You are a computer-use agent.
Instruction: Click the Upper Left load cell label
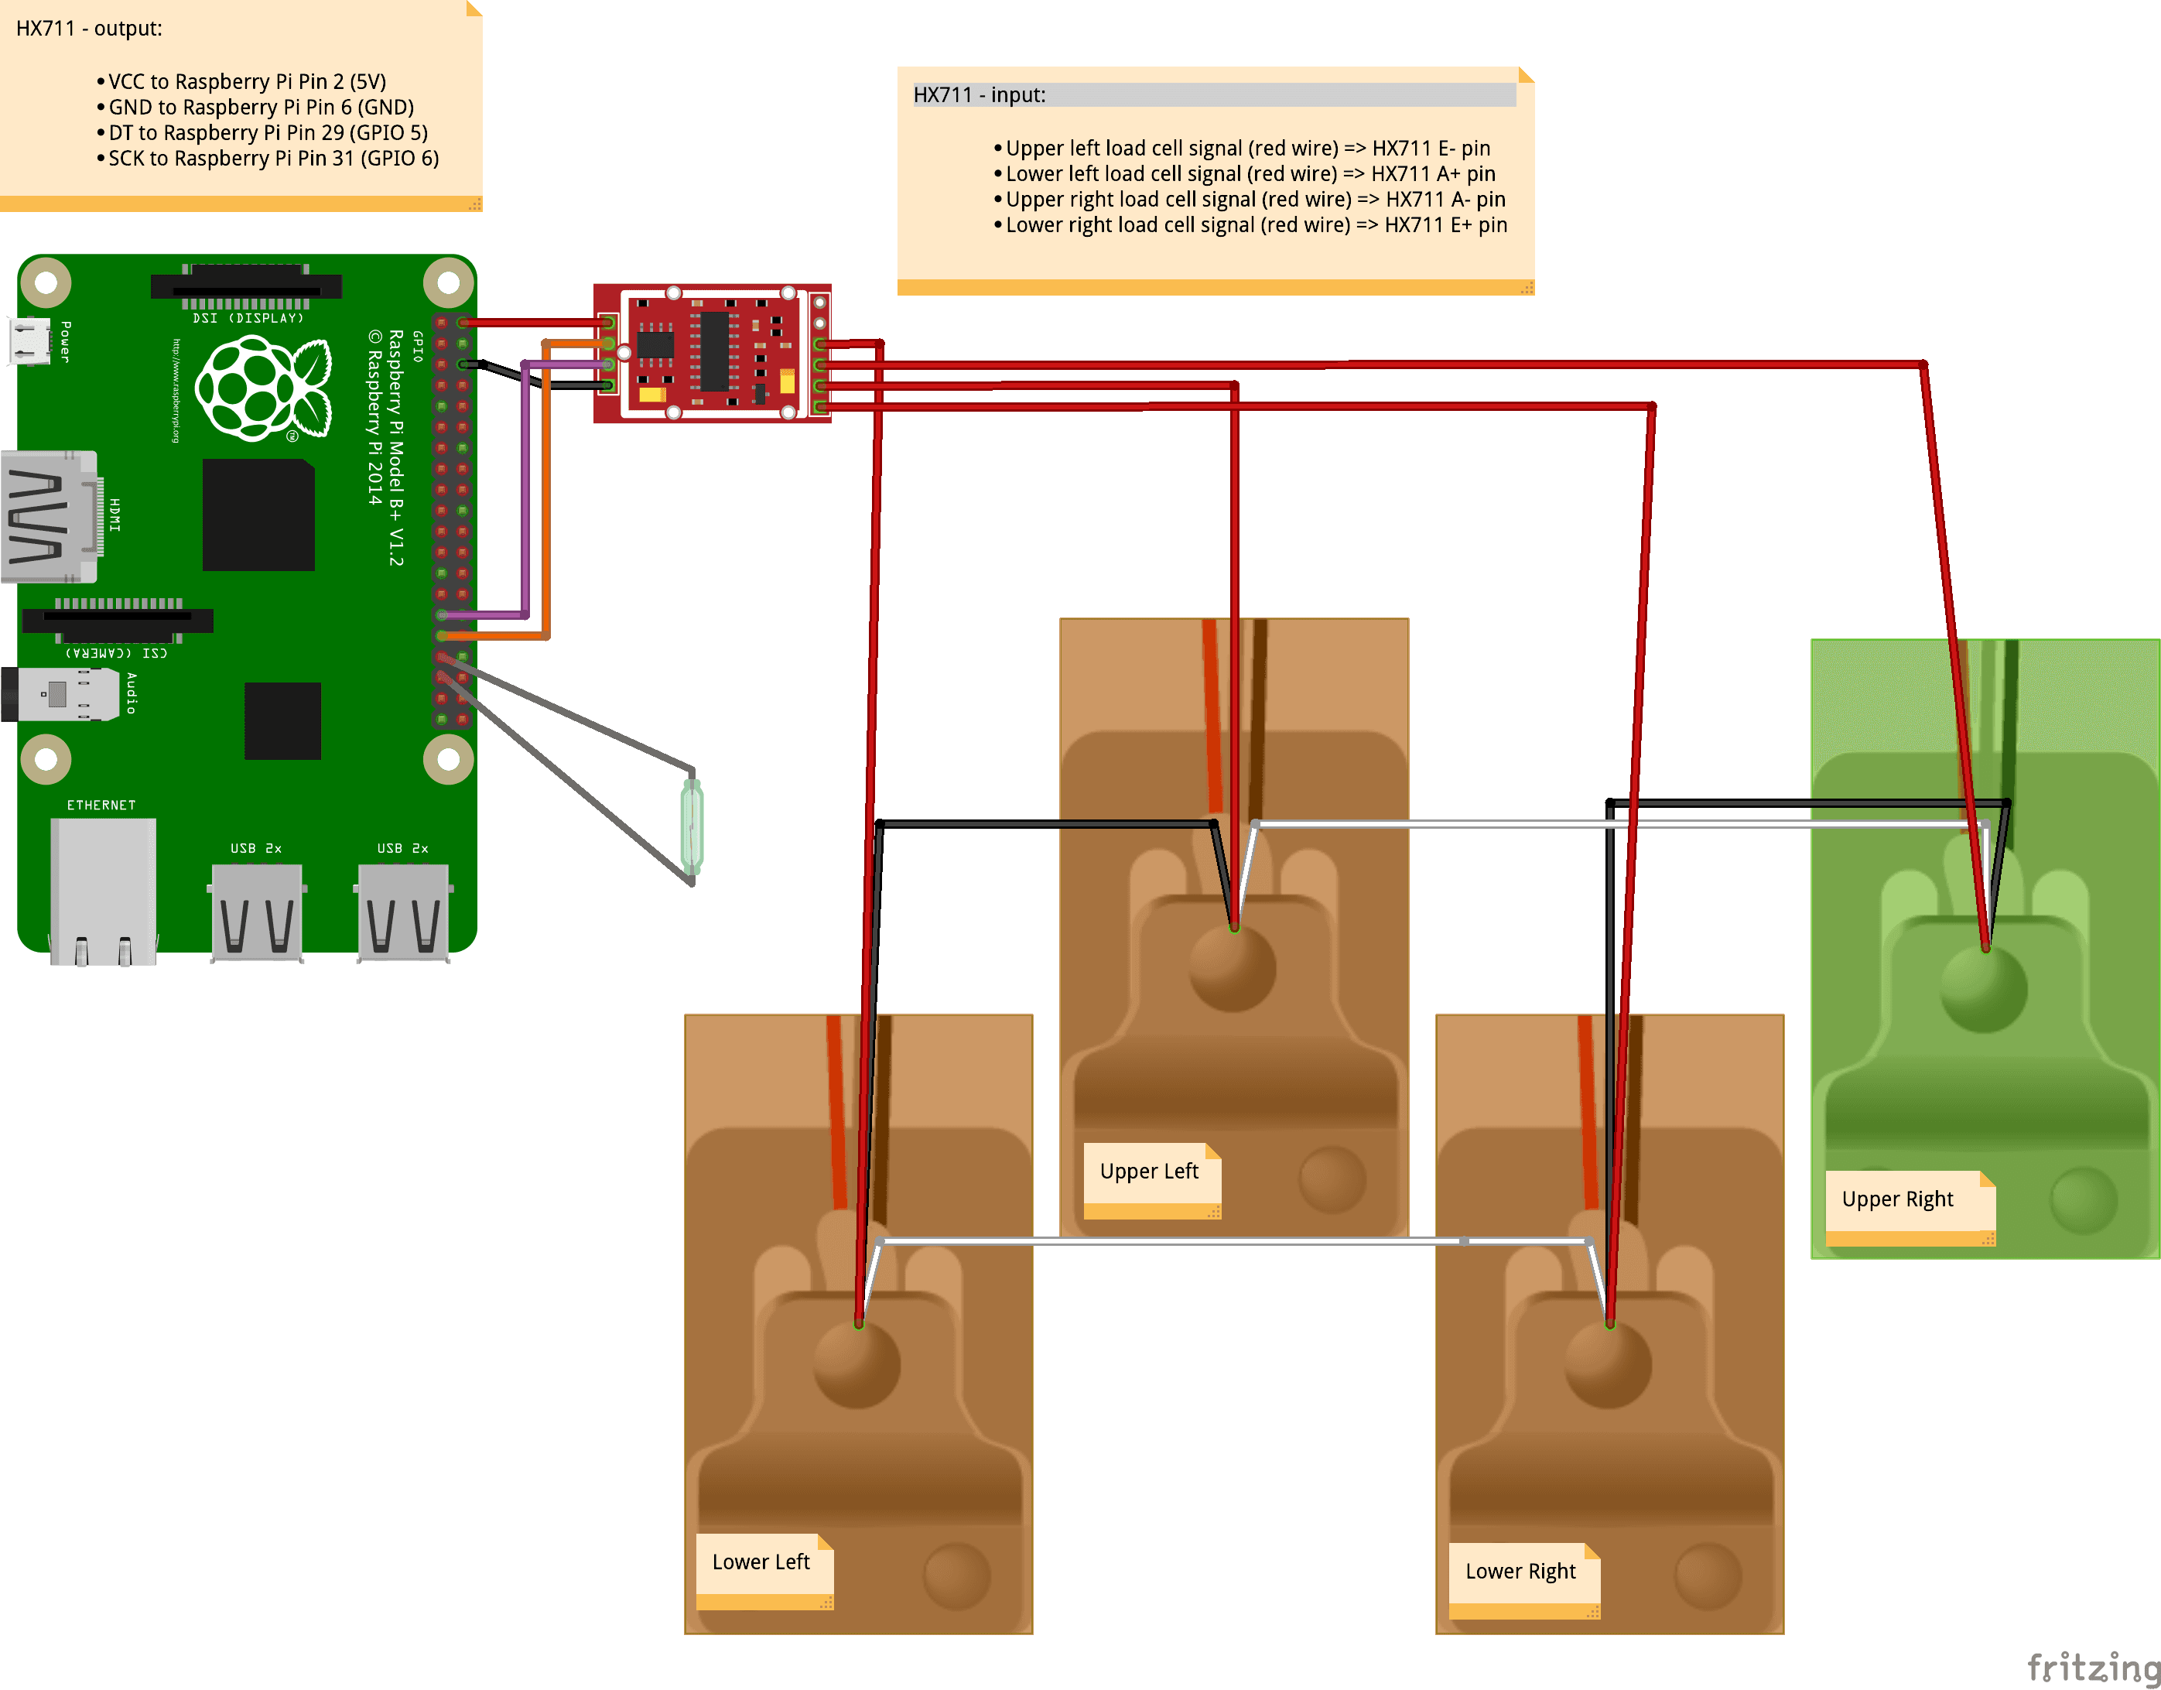coord(1150,1172)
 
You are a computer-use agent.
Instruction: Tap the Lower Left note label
coord(761,1562)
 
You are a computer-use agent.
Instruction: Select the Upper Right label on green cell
coord(1898,1199)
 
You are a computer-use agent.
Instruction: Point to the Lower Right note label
coord(1521,1572)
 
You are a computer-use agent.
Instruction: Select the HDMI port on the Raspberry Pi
coord(50,516)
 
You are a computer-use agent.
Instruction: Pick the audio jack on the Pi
coord(60,693)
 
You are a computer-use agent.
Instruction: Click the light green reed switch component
coord(692,827)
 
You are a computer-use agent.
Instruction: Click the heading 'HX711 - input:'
coord(980,95)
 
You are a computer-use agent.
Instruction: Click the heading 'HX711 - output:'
coord(89,29)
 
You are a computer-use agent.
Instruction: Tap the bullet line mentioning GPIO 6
coord(273,159)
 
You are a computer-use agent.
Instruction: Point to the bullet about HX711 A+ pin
coord(1250,174)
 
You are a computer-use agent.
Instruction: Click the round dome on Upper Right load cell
coord(1983,990)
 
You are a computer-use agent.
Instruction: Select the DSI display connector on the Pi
coord(245,286)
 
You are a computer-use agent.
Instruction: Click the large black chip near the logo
coord(258,515)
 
